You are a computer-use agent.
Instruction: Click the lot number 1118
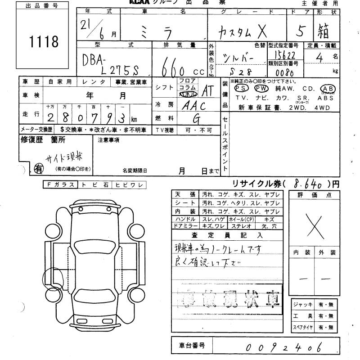click(44, 42)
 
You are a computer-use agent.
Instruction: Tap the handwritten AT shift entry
click(207, 91)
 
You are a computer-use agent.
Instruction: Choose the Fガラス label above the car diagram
click(60, 184)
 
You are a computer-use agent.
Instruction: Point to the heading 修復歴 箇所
click(43, 139)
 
